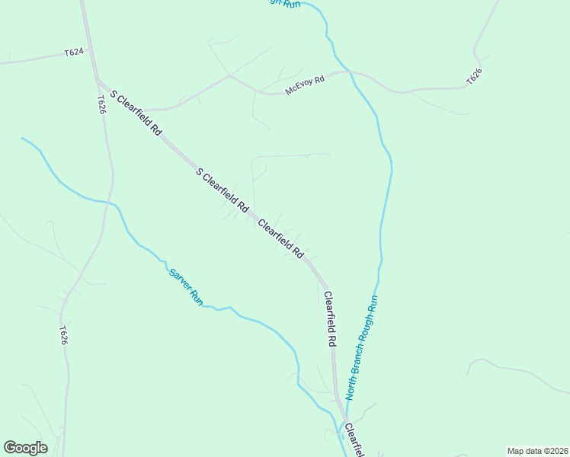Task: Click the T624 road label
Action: tap(74, 53)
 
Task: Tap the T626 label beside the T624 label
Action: tap(101, 104)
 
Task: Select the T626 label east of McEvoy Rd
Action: tap(474, 77)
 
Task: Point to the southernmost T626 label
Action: tap(63, 336)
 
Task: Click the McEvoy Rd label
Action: tap(305, 85)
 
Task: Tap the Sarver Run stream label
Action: tap(185, 286)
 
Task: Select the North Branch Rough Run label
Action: tap(362, 347)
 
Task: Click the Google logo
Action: tap(25, 448)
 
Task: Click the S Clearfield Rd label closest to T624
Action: tap(136, 113)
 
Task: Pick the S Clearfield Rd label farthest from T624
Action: tap(222, 190)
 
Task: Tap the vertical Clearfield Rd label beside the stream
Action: tap(330, 320)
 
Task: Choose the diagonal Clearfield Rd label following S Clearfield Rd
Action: tap(281, 238)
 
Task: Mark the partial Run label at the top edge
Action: tap(284, 4)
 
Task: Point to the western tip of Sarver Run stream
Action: tap(22, 139)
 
